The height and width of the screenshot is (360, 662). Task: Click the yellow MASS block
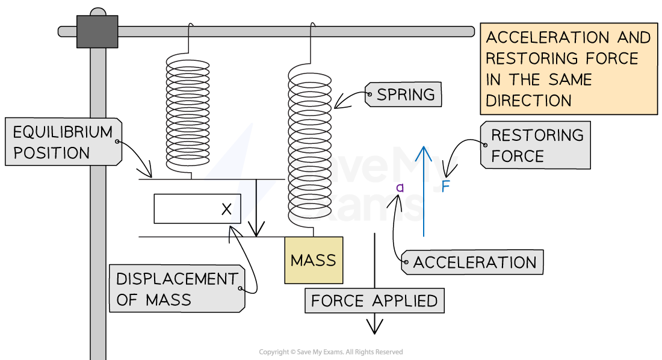pos(314,260)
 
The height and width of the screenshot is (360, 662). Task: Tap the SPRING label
pos(404,95)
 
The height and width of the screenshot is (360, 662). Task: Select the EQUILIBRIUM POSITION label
pos(63,141)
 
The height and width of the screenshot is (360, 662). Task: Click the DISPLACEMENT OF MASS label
pos(176,289)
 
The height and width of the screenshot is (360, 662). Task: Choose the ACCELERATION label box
pos(474,262)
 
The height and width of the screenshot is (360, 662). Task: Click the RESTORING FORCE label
pos(536,146)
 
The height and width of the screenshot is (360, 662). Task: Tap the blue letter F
pos(446,187)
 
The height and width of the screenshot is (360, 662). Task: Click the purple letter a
pos(400,188)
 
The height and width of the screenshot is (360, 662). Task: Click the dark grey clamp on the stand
pos(97,32)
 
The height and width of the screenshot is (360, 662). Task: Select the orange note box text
pos(568,69)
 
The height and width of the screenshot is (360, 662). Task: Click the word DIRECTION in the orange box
pos(529,101)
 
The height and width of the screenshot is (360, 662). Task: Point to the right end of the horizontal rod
pos(469,31)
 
